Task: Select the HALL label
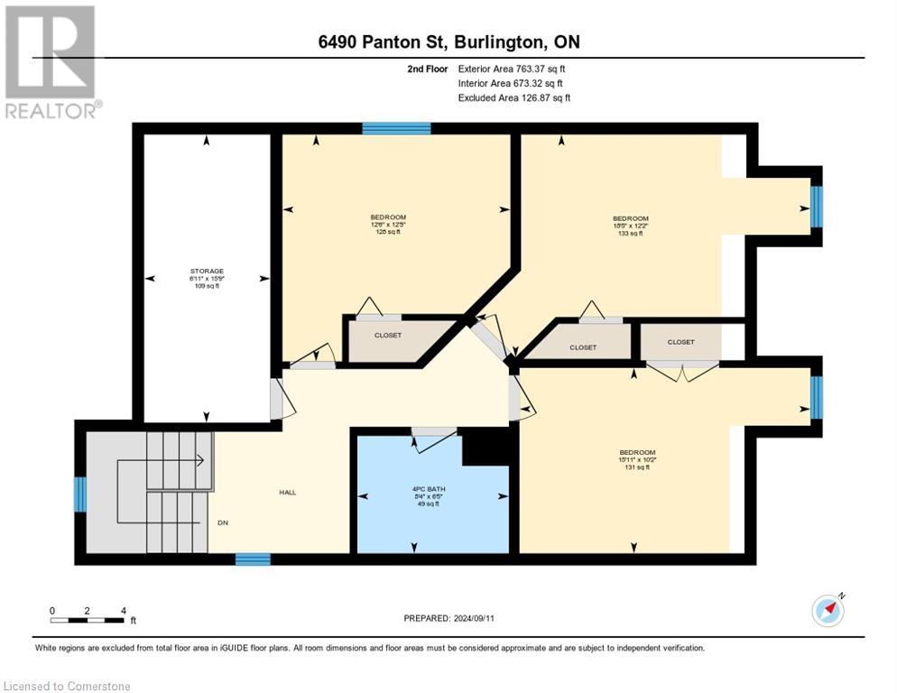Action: pyautogui.click(x=287, y=492)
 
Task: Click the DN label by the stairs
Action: pyautogui.click(x=222, y=522)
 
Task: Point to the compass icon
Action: pyautogui.click(x=828, y=610)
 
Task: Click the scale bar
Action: pyautogui.click(x=88, y=620)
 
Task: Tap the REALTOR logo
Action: pyautogui.click(x=51, y=62)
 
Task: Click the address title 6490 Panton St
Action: pyautogui.click(x=448, y=43)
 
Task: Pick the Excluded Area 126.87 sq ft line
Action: pyautogui.click(x=513, y=97)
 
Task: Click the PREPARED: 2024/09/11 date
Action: pyautogui.click(x=448, y=618)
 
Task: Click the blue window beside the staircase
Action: pyautogui.click(x=79, y=494)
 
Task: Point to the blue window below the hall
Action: pyautogui.click(x=253, y=559)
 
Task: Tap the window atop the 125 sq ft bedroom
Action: pyautogui.click(x=396, y=128)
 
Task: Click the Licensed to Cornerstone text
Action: pyautogui.click(x=68, y=686)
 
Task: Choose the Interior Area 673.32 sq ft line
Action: pyautogui.click(x=510, y=83)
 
